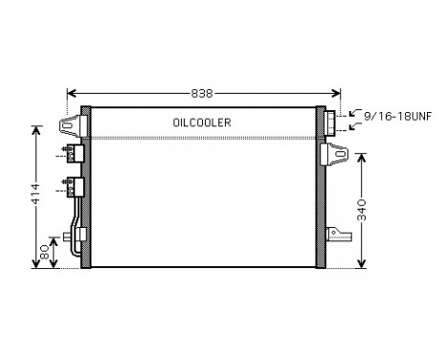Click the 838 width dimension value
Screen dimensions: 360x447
[x=200, y=93]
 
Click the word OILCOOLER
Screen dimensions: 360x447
[x=202, y=123]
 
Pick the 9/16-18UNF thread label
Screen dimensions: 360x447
[x=396, y=112]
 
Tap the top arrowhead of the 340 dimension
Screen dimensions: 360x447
[x=361, y=154]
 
